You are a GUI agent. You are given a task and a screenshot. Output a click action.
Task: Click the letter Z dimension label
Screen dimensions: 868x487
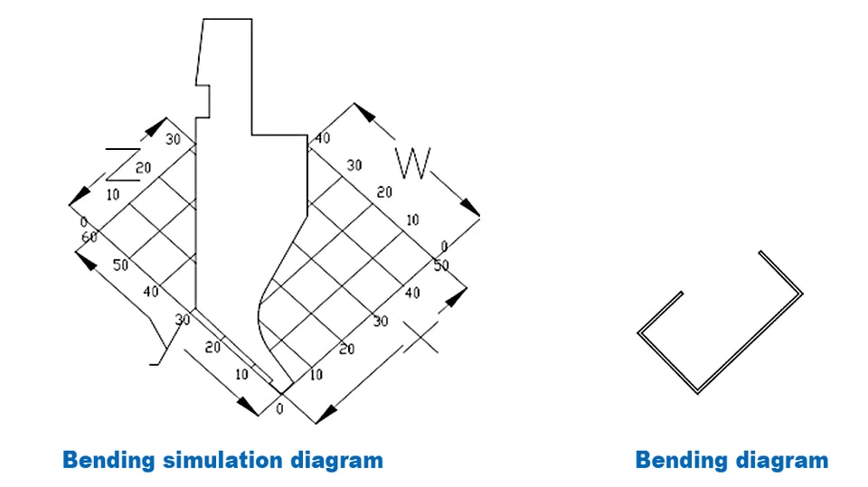coord(123,164)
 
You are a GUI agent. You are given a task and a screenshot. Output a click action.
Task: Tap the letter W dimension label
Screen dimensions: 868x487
coord(413,164)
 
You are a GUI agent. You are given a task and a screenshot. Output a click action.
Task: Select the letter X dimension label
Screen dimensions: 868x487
coord(421,337)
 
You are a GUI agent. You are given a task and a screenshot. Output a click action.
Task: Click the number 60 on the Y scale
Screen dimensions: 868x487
coord(90,238)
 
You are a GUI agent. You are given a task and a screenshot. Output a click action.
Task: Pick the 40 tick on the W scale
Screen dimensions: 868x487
coord(322,138)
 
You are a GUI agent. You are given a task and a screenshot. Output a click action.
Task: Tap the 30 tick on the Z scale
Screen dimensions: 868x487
coord(174,139)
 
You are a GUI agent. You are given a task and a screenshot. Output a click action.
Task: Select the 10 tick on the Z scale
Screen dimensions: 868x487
coord(112,195)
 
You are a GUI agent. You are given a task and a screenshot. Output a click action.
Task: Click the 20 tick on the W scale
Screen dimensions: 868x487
coord(384,192)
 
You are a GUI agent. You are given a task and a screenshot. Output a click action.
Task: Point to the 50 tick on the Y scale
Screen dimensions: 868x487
coord(120,265)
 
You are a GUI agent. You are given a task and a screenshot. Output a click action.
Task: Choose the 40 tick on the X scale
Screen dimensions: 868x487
coord(412,293)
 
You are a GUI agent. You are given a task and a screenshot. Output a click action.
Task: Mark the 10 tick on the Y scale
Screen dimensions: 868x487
coord(241,375)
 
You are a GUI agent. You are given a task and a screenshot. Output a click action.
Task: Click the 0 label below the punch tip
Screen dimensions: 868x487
coord(279,409)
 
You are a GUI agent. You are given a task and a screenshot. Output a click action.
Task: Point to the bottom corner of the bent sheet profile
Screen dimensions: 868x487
coord(698,393)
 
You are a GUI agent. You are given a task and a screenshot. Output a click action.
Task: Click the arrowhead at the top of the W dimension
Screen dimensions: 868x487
coord(363,112)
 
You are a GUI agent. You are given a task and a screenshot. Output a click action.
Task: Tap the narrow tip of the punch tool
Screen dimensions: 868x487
coord(282,392)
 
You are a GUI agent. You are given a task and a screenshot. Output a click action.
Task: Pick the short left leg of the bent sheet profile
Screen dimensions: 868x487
coord(660,313)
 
